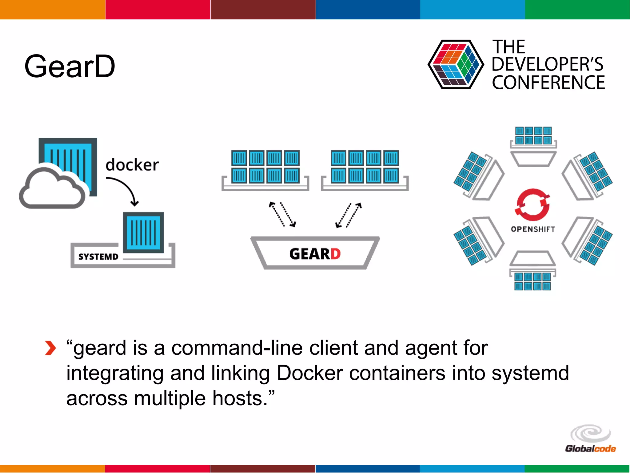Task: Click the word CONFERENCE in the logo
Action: coord(548,83)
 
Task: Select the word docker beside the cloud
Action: coord(132,165)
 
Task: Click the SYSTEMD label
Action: coord(98,257)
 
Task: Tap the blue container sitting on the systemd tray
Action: coord(143,232)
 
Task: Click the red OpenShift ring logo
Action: coord(532,205)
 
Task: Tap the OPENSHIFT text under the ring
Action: coord(533,229)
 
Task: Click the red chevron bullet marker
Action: coord(50,348)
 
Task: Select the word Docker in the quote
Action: coord(309,373)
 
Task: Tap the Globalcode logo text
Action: coord(590,449)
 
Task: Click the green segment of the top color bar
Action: coord(577,9)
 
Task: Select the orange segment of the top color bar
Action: coord(52,9)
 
